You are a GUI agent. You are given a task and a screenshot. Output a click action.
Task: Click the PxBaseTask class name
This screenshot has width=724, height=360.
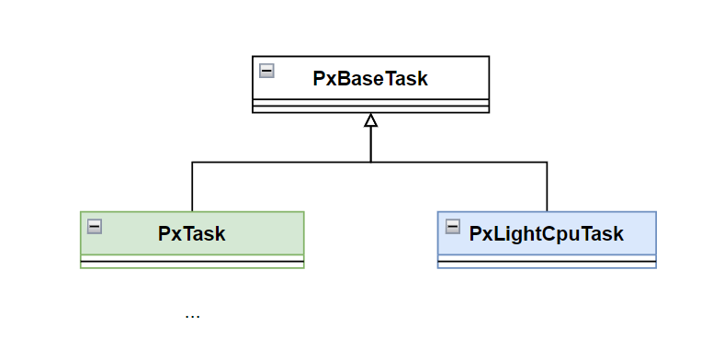pyautogui.click(x=370, y=78)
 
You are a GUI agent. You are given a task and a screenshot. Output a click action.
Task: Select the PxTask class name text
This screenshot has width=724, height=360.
pyautogui.click(x=192, y=233)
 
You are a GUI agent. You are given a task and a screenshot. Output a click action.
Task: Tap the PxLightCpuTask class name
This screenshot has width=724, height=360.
pyautogui.click(x=547, y=233)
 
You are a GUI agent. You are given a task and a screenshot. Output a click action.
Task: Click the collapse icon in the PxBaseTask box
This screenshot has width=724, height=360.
pyautogui.click(x=266, y=70)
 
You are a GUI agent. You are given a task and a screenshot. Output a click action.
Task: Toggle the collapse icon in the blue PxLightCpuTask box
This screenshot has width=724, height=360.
pyautogui.click(x=452, y=226)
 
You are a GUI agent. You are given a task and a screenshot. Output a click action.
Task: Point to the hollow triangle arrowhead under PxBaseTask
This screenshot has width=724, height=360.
pyautogui.click(x=370, y=120)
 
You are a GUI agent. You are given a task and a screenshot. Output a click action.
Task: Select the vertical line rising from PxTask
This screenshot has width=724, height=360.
pyautogui.click(x=192, y=188)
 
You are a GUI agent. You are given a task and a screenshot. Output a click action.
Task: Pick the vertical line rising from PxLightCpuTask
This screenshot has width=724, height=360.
pyautogui.click(x=547, y=188)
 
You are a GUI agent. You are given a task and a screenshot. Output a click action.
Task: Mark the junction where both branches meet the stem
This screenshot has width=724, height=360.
pyautogui.click(x=370, y=163)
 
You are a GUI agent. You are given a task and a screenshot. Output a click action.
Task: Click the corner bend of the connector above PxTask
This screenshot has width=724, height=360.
pyautogui.click(x=192, y=163)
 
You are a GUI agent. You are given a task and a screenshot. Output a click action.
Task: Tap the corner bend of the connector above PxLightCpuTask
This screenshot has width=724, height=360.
pyautogui.click(x=547, y=163)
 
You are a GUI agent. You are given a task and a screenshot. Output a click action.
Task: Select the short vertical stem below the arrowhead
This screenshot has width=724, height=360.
pyautogui.click(x=370, y=144)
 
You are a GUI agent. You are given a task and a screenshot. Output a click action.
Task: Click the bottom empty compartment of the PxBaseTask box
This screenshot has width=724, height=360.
pyautogui.click(x=370, y=109)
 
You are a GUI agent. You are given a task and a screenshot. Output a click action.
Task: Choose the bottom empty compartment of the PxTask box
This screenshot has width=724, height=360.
pyautogui.click(x=192, y=264)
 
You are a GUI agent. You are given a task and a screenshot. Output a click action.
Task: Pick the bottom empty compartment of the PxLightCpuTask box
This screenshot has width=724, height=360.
pyautogui.click(x=547, y=264)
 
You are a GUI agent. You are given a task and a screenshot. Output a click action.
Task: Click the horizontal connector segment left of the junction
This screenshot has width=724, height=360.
pyautogui.click(x=280, y=163)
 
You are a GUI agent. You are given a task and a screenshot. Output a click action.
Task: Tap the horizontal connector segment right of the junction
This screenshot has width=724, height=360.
pyautogui.click(x=459, y=163)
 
